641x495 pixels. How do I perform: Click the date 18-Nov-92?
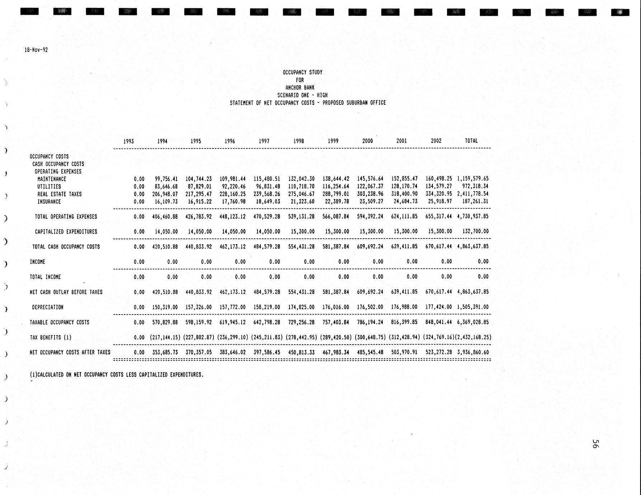(36, 50)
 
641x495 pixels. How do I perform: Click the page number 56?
(594, 443)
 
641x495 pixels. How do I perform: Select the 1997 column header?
(264, 141)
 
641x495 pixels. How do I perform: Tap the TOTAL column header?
(471, 141)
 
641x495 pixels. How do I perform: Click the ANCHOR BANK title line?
(300, 88)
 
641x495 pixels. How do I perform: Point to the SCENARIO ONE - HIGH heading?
(302, 95)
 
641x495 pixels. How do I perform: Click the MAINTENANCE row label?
(52, 179)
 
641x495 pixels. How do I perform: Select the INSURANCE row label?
(49, 202)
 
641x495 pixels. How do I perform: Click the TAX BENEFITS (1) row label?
(51, 337)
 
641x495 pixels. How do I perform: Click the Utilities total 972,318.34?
(475, 186)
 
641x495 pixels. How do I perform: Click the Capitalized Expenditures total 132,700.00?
(475, 231)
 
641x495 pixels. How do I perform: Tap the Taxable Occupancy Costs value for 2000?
(370, 322)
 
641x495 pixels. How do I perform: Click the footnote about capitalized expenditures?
(117, 375)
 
